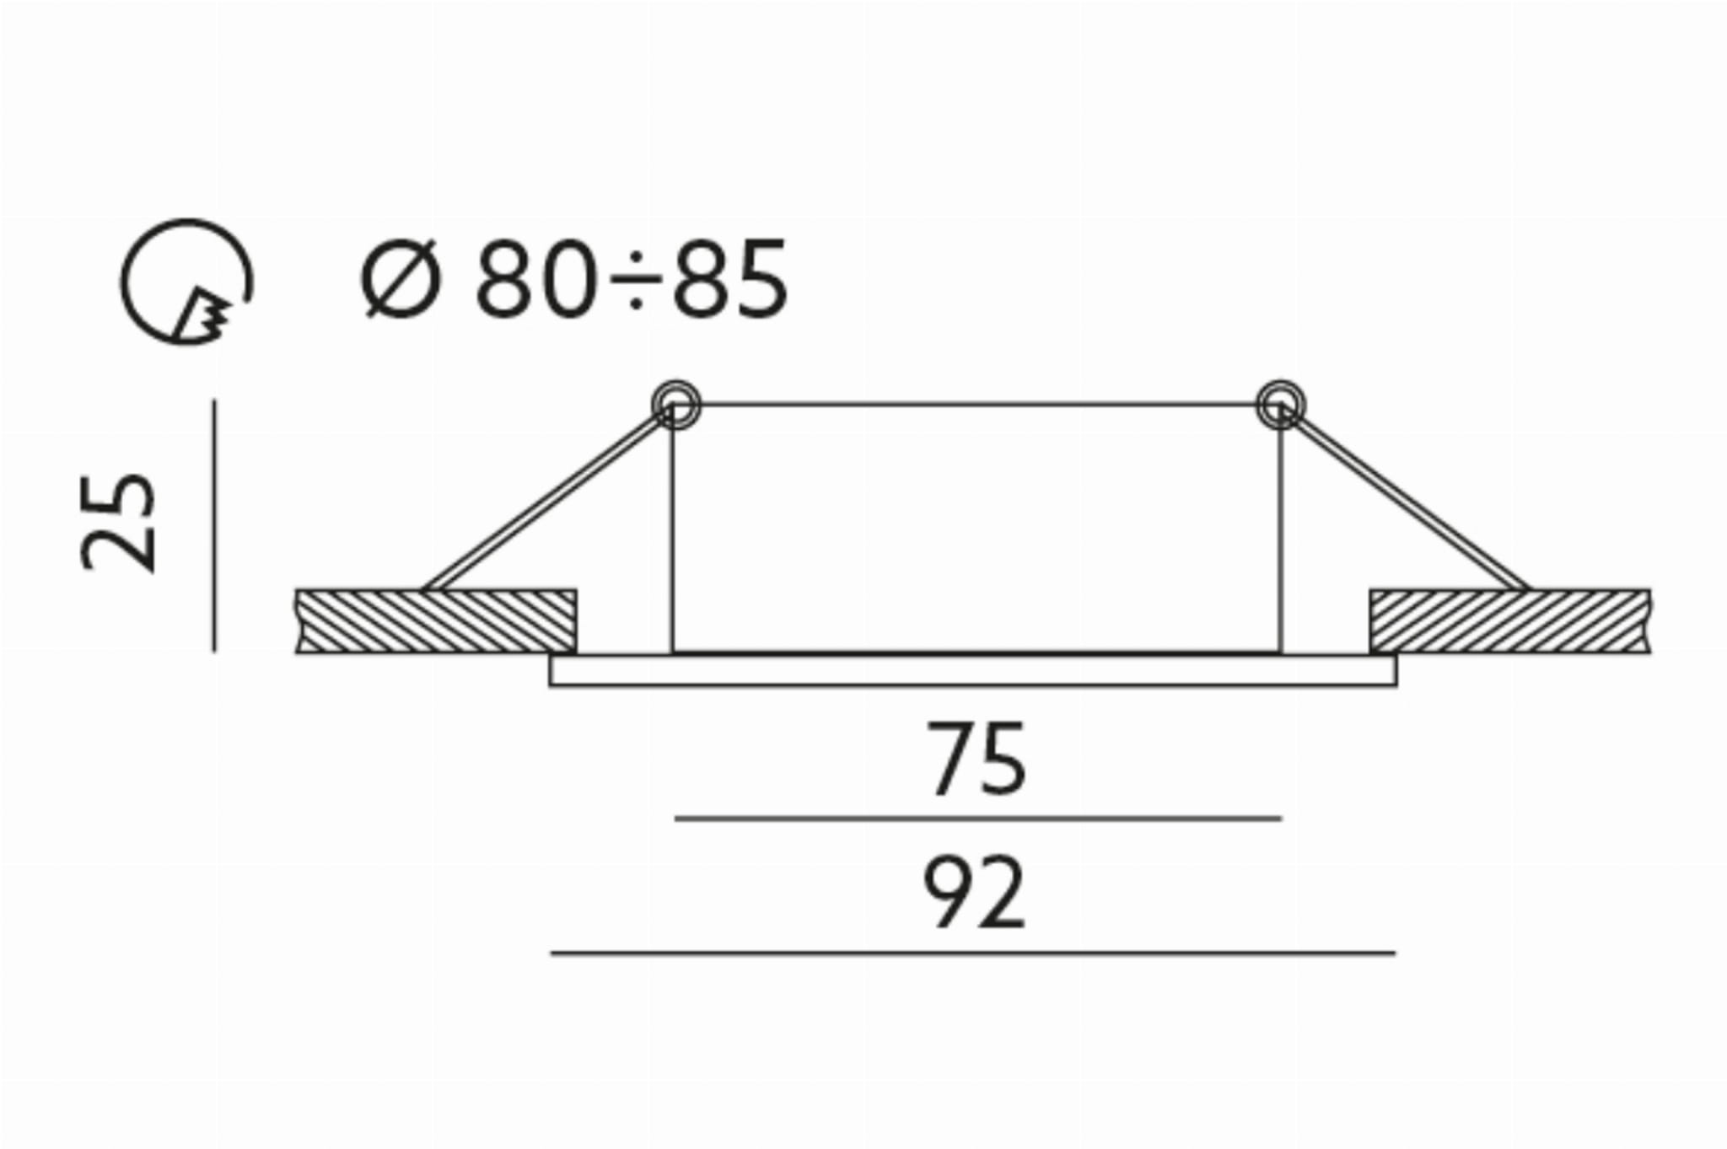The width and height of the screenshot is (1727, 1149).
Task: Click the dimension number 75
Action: (977, 760)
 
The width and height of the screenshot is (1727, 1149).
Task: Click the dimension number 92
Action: (975, 893)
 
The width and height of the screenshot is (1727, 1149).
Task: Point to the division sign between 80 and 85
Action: (634, 279)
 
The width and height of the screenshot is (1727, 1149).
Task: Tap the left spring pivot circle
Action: (675, 405)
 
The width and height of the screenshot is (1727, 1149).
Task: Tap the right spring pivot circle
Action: (1280, 405)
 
